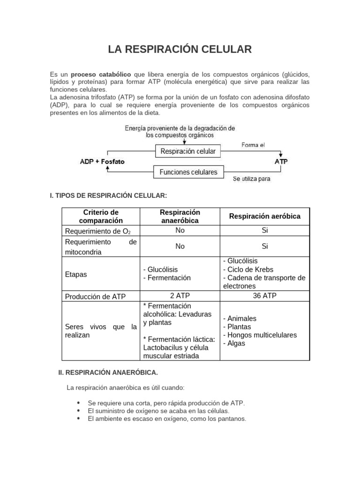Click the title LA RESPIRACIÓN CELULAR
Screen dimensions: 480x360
(x=180, y=49)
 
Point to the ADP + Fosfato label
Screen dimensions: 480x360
(x=103, y=162)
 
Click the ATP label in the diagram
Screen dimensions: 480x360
(x=281, y=162)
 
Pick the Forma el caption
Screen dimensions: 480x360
(x=253, y=145)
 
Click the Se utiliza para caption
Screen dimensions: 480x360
(x=252, y=179)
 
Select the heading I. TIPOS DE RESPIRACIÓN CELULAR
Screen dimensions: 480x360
(x=108, y=195)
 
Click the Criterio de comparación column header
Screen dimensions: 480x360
(x=101, y=217)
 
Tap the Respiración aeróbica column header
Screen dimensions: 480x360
(x=264, y=216)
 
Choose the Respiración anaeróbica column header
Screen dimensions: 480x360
(x=180, y=217)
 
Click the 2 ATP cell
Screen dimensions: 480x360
(x=180, y=296)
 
